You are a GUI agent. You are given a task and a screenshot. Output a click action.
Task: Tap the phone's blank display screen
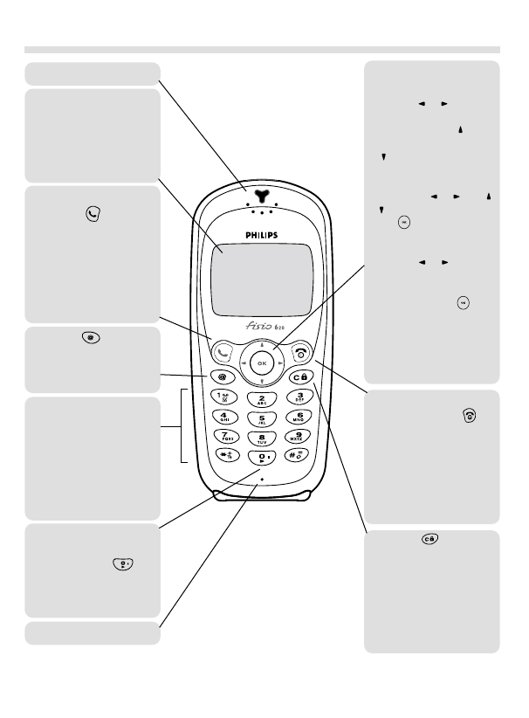(x=260, y=279)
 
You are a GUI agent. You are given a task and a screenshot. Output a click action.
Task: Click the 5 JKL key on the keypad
(x=261, y=418)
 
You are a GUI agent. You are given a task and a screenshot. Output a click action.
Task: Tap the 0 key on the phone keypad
(x=261, y=459)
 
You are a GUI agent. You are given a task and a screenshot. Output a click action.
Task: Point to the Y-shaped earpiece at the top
(x=260, y=194)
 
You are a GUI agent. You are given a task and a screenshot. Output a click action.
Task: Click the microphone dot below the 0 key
(x=261, y=480)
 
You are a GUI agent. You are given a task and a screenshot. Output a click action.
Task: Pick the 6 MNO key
(x=300, y=418)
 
